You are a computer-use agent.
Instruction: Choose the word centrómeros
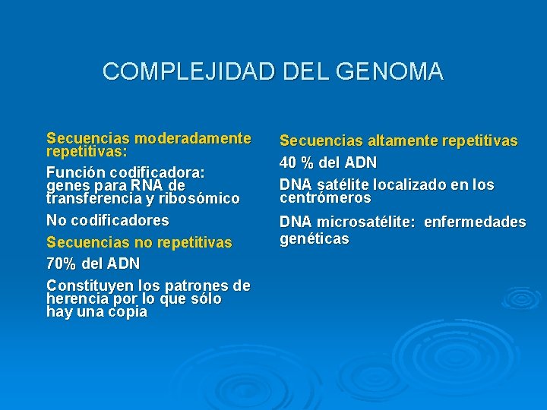point(325,198)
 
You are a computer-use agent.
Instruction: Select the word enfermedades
point(475,222)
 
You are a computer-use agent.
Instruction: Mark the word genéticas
point(315,239)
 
